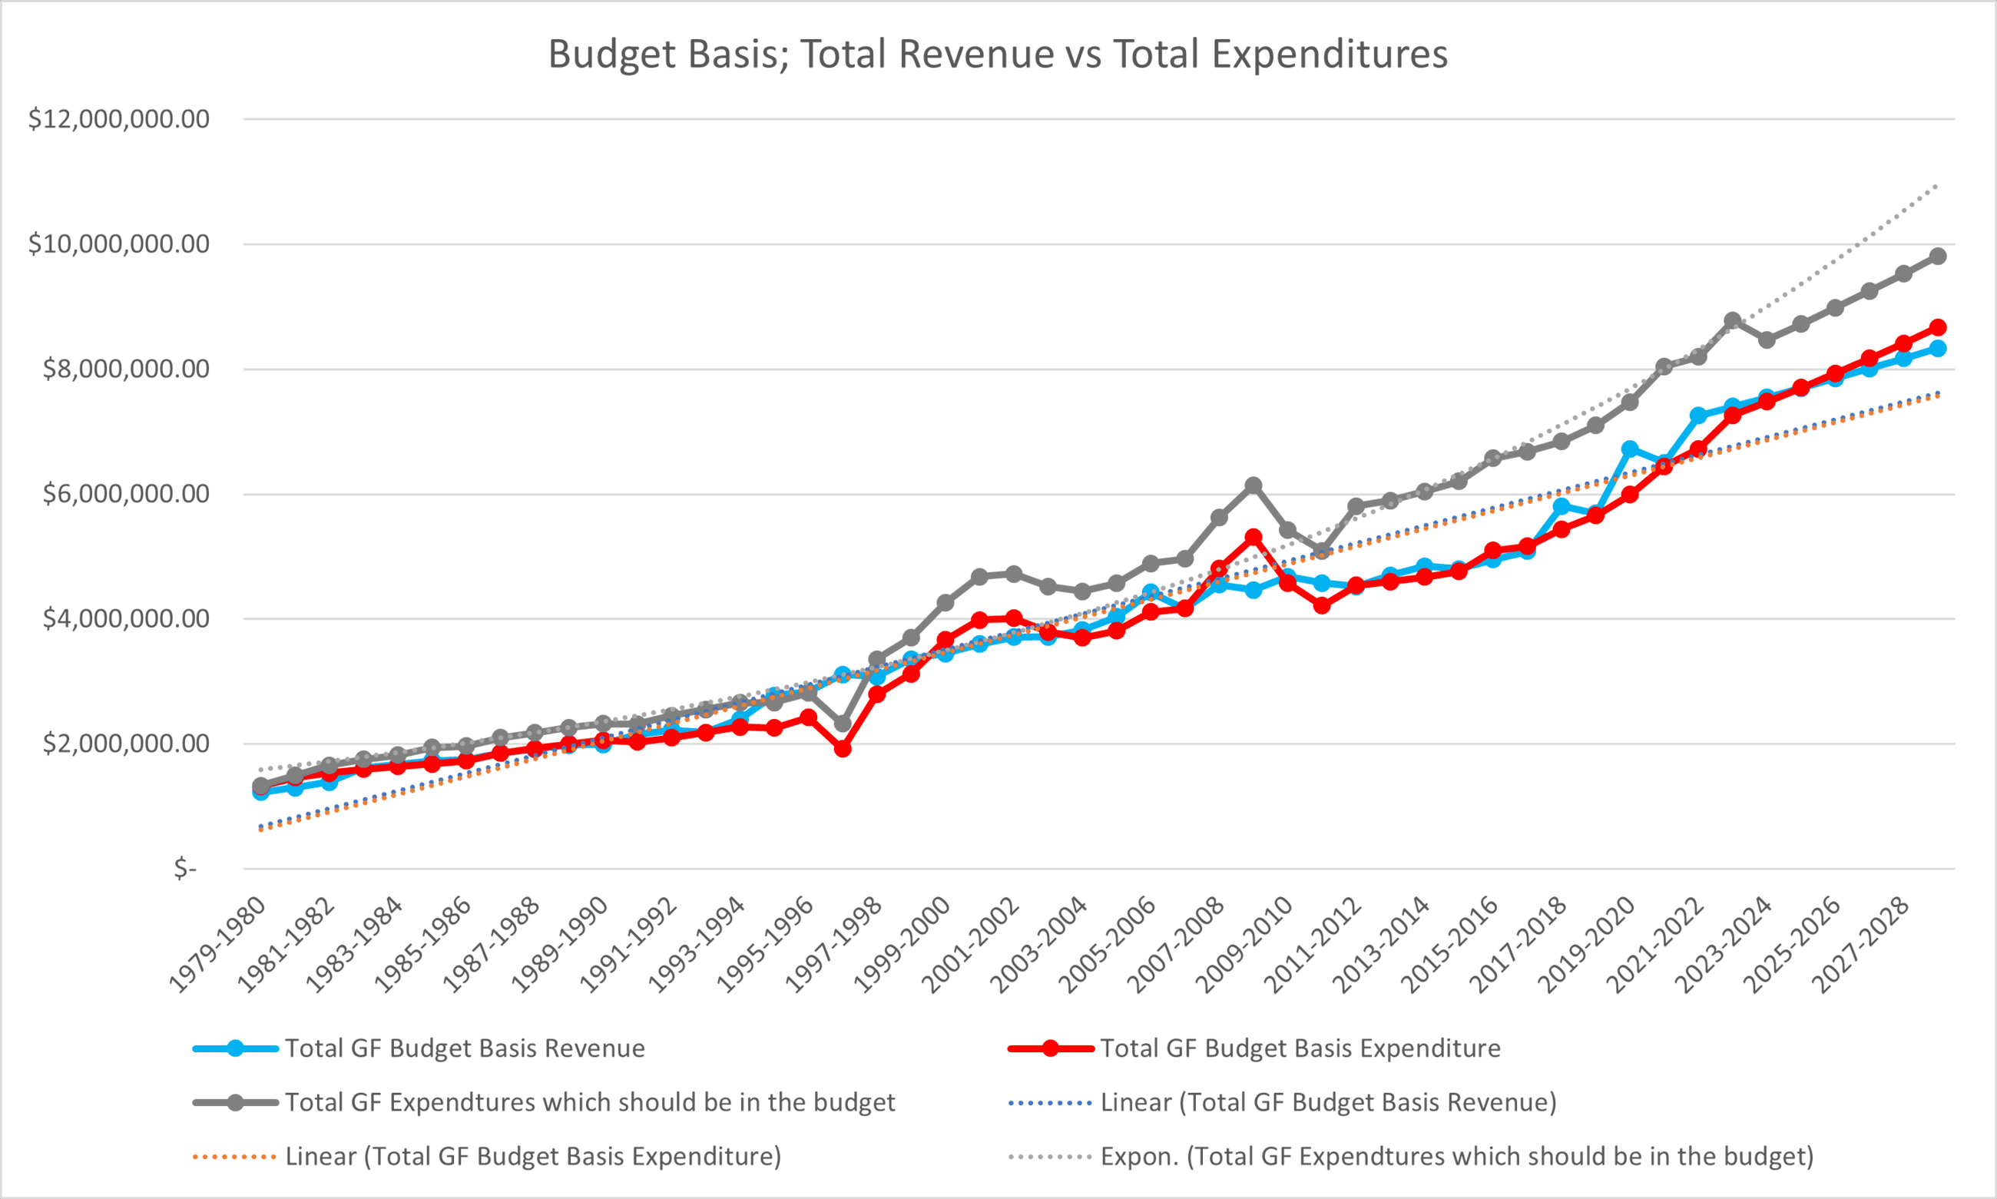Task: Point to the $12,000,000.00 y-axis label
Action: pyautogui.click(x=119, y=120)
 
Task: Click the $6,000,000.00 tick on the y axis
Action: pyautogui.click(x=125, y=494)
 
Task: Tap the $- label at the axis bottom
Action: pyautogui.click(x=185, y=869)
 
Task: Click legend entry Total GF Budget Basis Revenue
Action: pyautogui.click(x=465, y=1048)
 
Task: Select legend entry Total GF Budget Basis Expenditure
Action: pyautogui.click(x=1300, y=1048)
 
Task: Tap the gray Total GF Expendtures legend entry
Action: pyautogui.click(x=590, y=1103)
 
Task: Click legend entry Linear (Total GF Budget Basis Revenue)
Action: pyautogui.click(x=1327, y=1103)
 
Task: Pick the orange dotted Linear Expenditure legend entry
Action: pyautogui.click(x=532, y=1157)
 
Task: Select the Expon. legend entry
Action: pyautogui.click(x=1456, y=1157)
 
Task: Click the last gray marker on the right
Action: pyautogui.click(x=1937, y=256)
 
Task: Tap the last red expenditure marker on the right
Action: pyautogui.click(x=1937, y=327)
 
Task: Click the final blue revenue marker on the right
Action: pyautogui.click(x=1937, y=348)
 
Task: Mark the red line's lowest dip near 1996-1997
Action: pyautogui.click(x=843, y=749)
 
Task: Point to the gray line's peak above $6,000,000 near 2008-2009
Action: pyautogui.click(x=1254, y=485)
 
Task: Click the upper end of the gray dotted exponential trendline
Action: pyautogui.click(x=1936, y=187)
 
